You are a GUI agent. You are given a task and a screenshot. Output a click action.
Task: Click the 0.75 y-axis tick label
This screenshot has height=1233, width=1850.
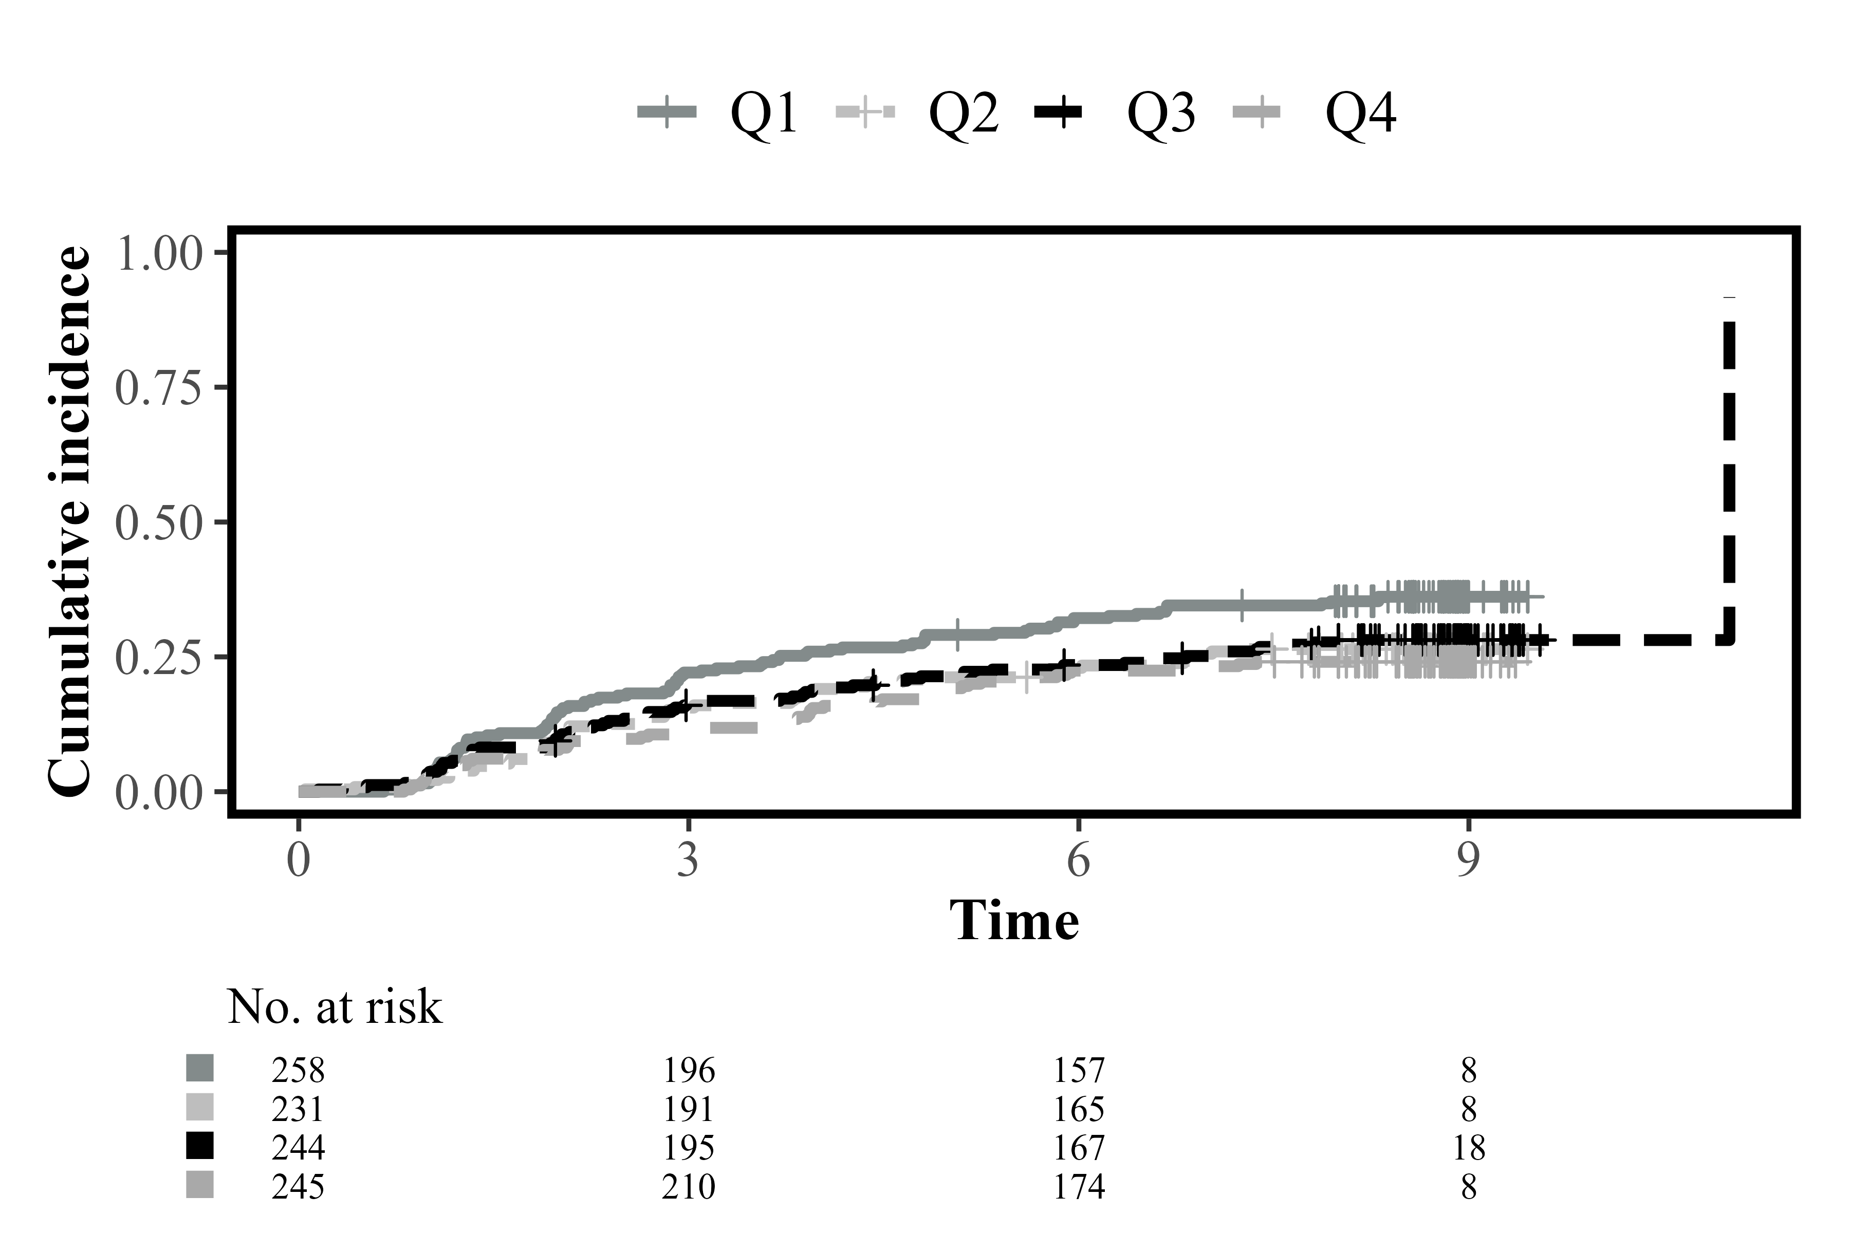tap(160, 389)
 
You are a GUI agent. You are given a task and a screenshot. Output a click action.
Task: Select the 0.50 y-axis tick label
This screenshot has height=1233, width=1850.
tap(160, 525)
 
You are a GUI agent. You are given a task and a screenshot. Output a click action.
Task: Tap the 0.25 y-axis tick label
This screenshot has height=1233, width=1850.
tap(160, 659)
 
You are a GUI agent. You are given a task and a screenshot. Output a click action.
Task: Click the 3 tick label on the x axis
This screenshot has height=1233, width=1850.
tap(688, 860)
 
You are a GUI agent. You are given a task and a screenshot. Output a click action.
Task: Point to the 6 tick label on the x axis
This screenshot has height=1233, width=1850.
tap(1078, 860)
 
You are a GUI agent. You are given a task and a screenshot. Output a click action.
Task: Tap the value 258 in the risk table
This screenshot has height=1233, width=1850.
tap(298, 1070)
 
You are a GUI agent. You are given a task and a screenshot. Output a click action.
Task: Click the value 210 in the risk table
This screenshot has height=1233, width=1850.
tap(688, 1187)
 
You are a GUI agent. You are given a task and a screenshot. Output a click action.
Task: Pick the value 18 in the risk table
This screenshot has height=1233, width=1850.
tap(1469, 1148)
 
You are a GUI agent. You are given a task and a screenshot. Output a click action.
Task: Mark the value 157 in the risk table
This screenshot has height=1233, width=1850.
tap(1079, 1070)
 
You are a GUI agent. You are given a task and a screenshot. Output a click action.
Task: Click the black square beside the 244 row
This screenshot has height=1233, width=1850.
tap(200, 1147)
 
